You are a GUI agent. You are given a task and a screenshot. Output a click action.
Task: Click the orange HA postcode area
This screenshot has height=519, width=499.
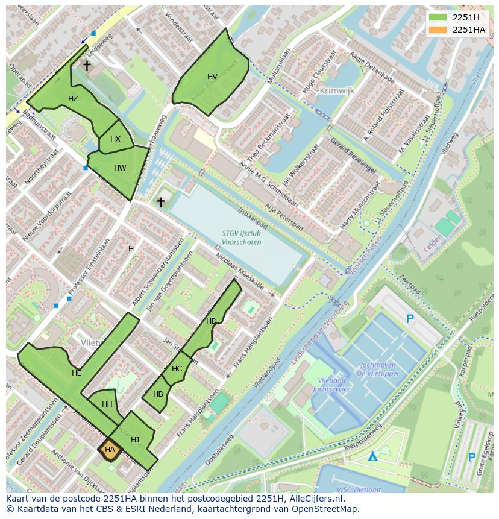tap(110, 450)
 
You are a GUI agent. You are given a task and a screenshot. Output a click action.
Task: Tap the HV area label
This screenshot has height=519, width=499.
tap(212, 77)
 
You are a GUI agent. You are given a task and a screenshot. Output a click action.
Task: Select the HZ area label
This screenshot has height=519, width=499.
tap(73, 99)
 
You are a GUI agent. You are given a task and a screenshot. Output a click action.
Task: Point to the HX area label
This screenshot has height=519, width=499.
tap(115, 139)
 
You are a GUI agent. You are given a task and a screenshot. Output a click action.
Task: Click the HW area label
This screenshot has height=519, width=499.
tap(120, 168)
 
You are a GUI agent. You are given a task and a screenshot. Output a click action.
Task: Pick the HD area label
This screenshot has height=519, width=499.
tap(211, 321)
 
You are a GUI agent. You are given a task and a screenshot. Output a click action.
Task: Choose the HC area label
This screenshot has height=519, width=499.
tap(177, 369)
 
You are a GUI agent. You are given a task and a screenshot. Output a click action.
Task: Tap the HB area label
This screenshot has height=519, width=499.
tap(158, 394)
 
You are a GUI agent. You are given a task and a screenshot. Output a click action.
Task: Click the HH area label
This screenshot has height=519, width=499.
tap(107, 404)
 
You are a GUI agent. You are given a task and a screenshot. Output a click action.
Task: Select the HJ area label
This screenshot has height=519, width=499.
tap(135, 440)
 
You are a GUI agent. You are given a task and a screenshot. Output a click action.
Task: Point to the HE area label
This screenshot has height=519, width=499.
tap(77, 373)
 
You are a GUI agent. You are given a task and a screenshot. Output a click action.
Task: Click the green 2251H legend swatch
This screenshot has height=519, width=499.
tap(438, 17)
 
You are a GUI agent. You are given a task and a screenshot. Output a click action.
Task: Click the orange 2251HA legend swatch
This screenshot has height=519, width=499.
tap(438, 30)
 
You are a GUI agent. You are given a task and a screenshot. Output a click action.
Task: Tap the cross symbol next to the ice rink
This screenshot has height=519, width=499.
tap(161, 202)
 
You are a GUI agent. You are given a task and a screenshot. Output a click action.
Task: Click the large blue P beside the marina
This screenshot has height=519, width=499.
tap(410, 319)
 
